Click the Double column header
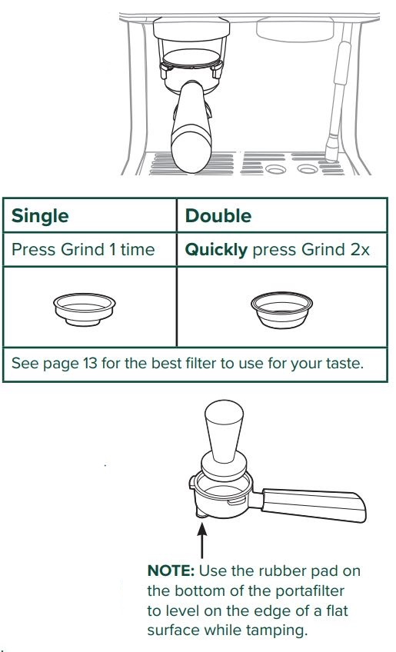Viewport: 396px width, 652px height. pyautogui.click(x=218, y=216)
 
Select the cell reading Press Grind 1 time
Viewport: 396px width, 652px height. pyautogui.click(x=83, y=249)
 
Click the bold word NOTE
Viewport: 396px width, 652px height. pyautogui.click(x=171, y=571)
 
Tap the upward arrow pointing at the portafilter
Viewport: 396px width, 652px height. pyautogui.click(x=203, y=539)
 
